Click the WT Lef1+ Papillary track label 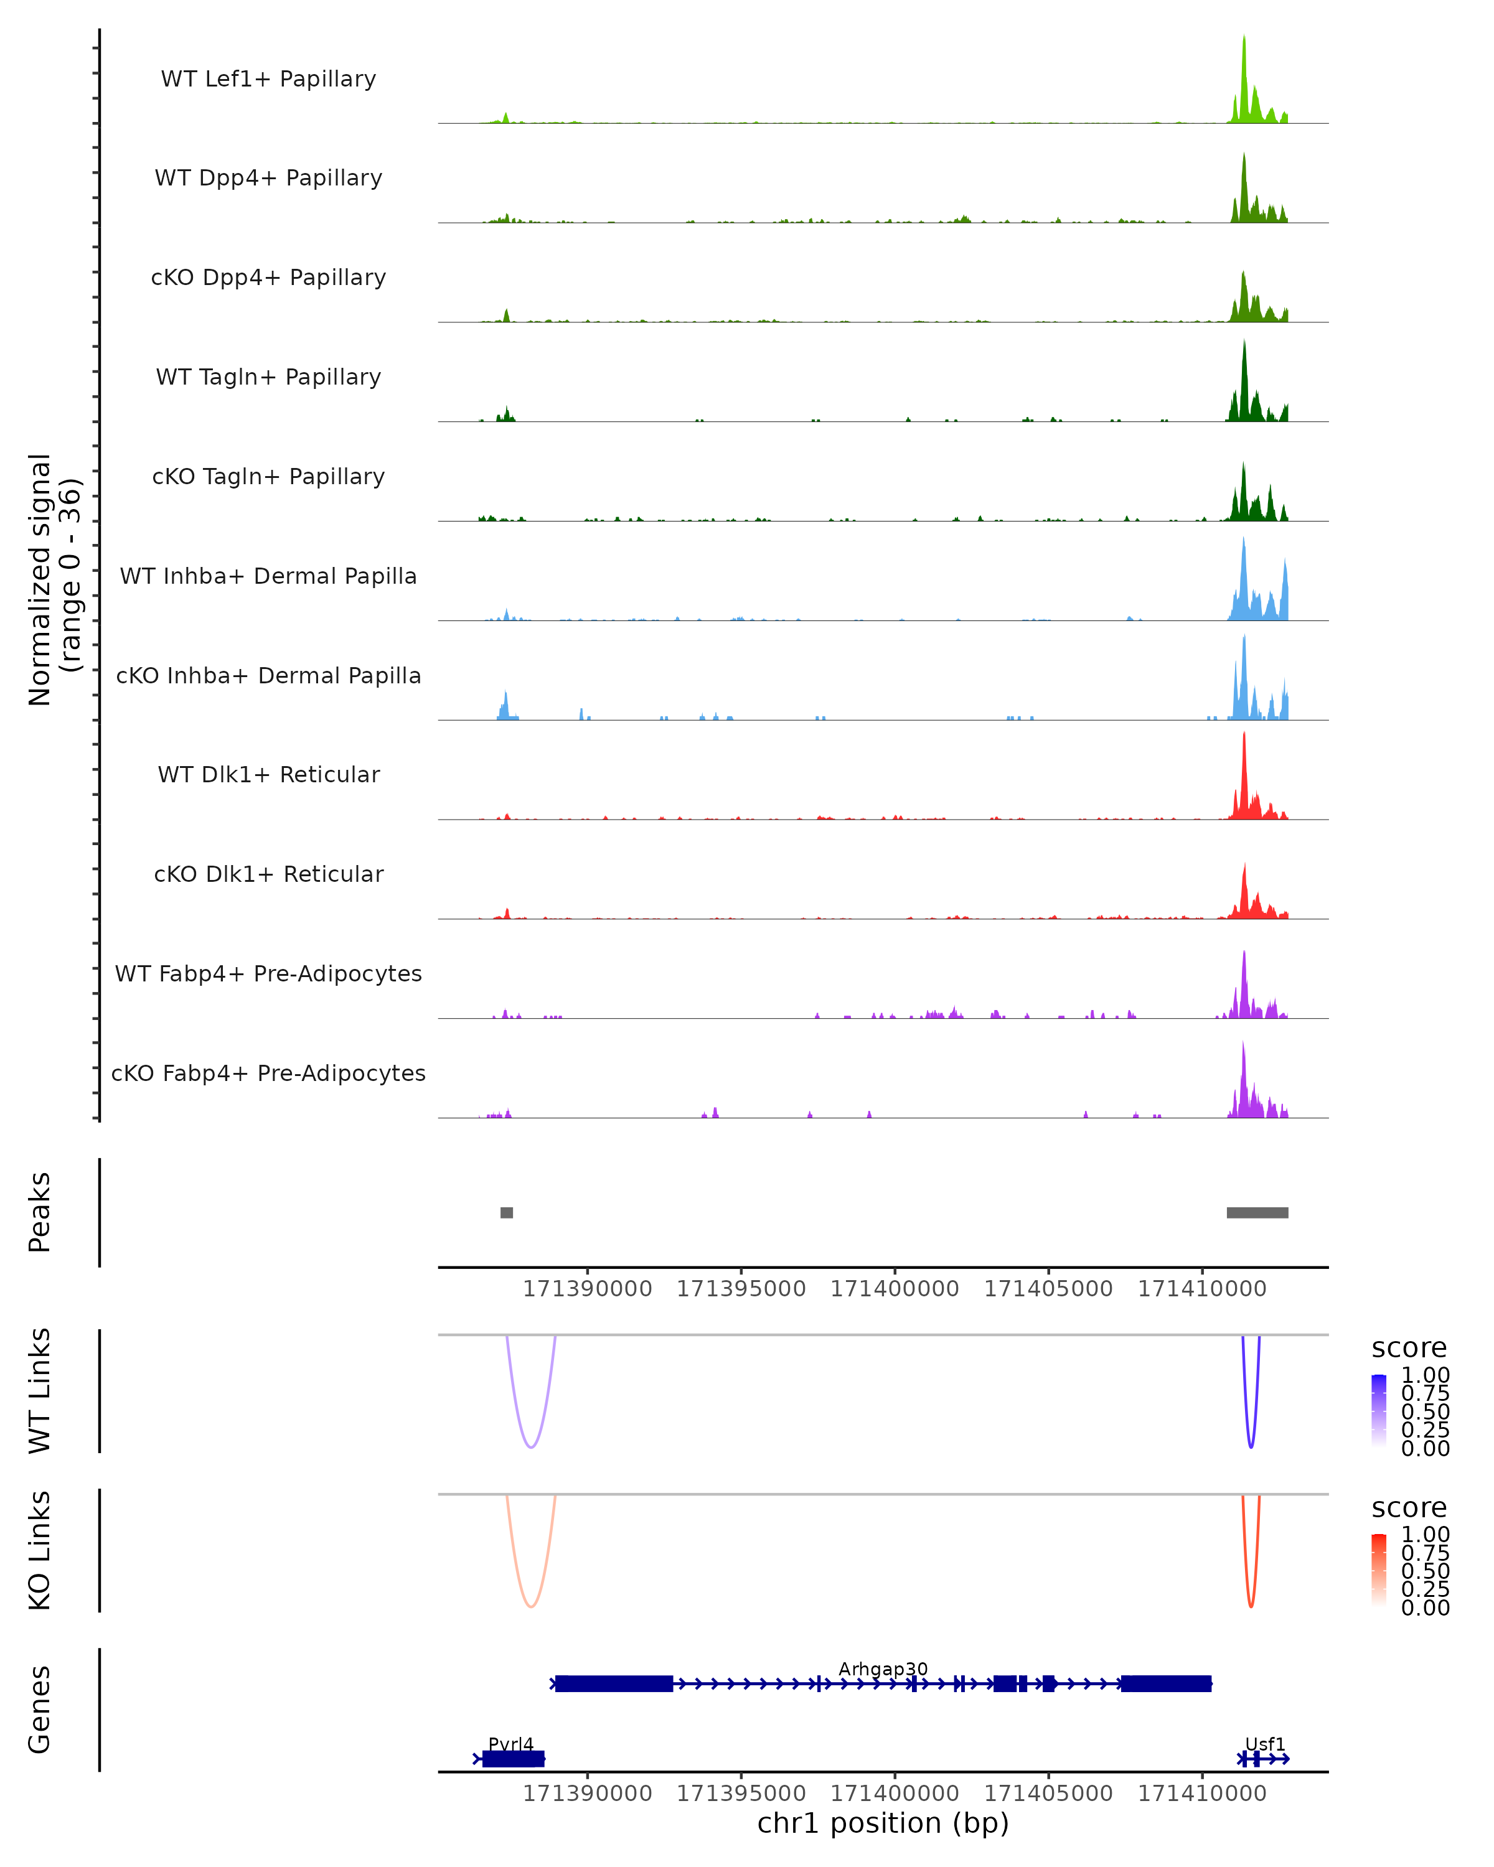[x=268, y=79]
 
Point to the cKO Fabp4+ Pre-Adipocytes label [x=268, y=1073]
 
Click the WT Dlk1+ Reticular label [x=268, y=774]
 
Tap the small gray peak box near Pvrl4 [x=507, y=1212]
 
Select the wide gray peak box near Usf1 [x=1257, y=1212]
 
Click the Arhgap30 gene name [x=883, y=1668]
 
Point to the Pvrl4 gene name [x=511, y=1744]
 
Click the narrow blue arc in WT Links [x=1251, y=1444]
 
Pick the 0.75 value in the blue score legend [x=1425, y=1393]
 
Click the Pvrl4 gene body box [x=513, y=1759]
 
